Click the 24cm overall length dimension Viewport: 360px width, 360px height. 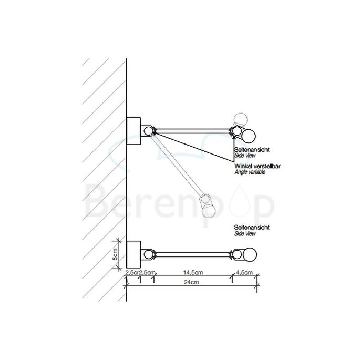tap(190, 282)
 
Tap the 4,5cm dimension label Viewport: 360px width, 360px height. tap(244, 272)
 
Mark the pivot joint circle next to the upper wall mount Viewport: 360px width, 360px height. tap(149, 131)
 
